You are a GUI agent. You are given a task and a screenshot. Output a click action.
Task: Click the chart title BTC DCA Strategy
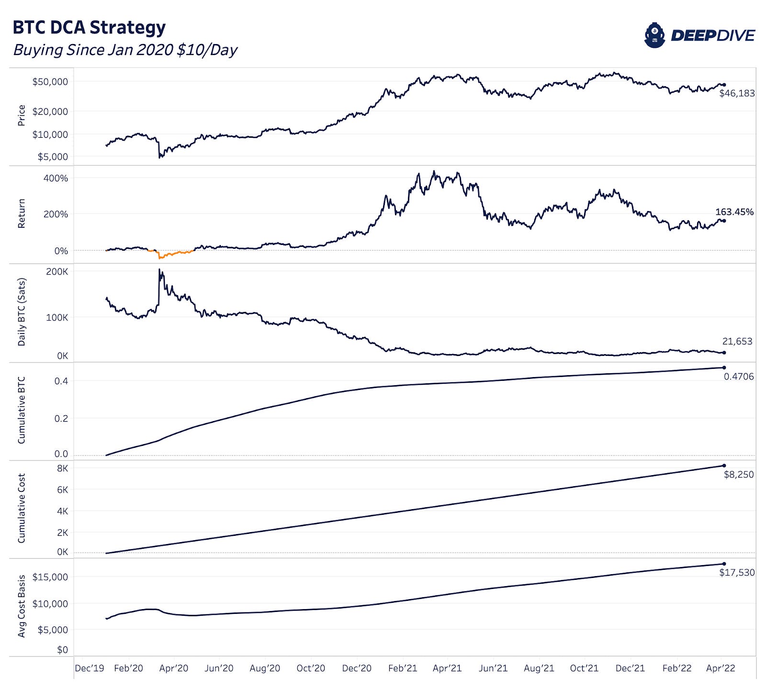point(89,27)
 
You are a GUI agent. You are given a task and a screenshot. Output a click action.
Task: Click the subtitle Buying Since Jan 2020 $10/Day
point(125,50)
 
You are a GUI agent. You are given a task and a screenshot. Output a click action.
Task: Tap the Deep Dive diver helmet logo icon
point(654,35)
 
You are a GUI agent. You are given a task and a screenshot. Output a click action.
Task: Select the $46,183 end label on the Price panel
point(737,93)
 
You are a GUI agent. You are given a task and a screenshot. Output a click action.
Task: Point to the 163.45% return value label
point(734,211)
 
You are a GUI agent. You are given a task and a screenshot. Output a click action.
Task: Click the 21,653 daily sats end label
point(737,341)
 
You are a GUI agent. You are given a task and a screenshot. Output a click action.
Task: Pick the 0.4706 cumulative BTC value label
point(738,377)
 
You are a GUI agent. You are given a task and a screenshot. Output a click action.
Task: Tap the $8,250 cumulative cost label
point(738,475)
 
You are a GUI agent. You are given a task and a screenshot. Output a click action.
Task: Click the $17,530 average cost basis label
point(737,572)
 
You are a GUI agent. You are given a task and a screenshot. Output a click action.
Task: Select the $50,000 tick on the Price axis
point(50,82)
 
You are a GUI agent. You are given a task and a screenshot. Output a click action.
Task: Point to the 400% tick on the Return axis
point(56,178)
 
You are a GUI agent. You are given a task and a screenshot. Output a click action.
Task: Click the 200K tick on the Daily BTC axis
point(57,272)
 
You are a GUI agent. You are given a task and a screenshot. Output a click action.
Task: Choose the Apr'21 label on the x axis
point(447,668)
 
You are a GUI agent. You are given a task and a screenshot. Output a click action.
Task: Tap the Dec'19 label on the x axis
point(90,668)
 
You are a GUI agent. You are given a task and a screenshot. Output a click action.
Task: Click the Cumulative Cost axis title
point(22,508)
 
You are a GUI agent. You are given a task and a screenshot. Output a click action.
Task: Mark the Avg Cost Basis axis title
point(22,606)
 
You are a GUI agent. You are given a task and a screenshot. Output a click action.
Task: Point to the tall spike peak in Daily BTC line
point(159,270)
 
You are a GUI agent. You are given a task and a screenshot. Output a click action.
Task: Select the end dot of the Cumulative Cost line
point(724,466)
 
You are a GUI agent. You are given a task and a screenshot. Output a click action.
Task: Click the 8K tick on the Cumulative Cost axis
point(62,468)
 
